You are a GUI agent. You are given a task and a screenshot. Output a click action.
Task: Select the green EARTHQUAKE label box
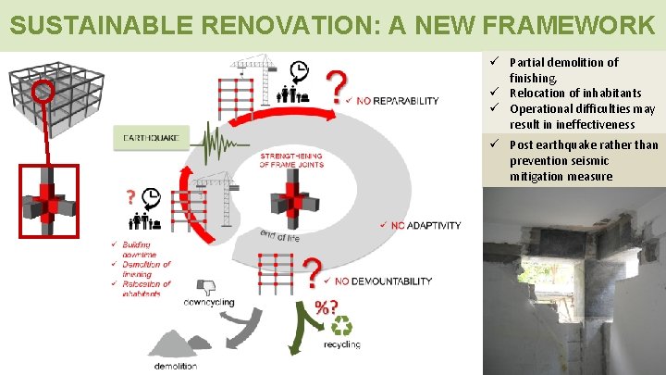151,139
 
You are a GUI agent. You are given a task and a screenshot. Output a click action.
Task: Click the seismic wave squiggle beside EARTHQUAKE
218,142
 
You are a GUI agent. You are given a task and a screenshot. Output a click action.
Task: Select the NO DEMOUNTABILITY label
383,281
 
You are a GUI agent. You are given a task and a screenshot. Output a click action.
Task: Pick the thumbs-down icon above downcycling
207,284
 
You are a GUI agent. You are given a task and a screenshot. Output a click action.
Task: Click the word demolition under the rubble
176,366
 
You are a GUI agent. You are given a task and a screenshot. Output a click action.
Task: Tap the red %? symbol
325,306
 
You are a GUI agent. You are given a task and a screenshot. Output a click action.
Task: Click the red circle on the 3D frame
41,92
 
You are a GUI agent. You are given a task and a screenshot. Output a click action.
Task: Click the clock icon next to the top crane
298,70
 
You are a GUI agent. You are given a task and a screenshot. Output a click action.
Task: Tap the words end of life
282,237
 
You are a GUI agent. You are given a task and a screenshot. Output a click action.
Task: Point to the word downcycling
208,303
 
